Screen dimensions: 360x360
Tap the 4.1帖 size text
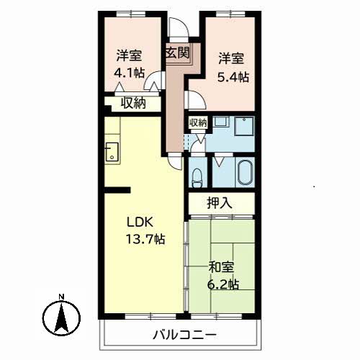[x=129, y=73]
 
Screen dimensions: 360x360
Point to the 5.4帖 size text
[x=233, y=77]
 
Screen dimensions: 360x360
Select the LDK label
[x=140, y=222]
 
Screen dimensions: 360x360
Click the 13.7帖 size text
[x=145, y=239]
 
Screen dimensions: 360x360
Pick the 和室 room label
[x=221, y=267]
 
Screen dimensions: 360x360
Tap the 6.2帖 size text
[x=223, y=284]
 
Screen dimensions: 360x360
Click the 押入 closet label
[x=220, y=203]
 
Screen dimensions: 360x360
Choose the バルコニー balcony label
[x=185, y=335]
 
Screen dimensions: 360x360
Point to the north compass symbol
[x=62, y=318]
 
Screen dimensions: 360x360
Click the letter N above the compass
[x=62, y=297]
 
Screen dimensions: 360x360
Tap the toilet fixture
[x=197, y=178]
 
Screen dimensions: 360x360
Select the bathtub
[x=245, y=172]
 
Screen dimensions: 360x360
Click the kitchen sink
[x=112, y=151]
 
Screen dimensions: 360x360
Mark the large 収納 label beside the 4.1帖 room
[x=133, y=104]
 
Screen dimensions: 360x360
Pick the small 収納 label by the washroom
[x=198, y=123]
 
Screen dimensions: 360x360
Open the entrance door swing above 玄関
[x=179, y=27]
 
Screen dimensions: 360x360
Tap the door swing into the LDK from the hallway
[x=175, y=161]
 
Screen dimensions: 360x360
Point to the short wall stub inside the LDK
[x=117, y=190]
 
